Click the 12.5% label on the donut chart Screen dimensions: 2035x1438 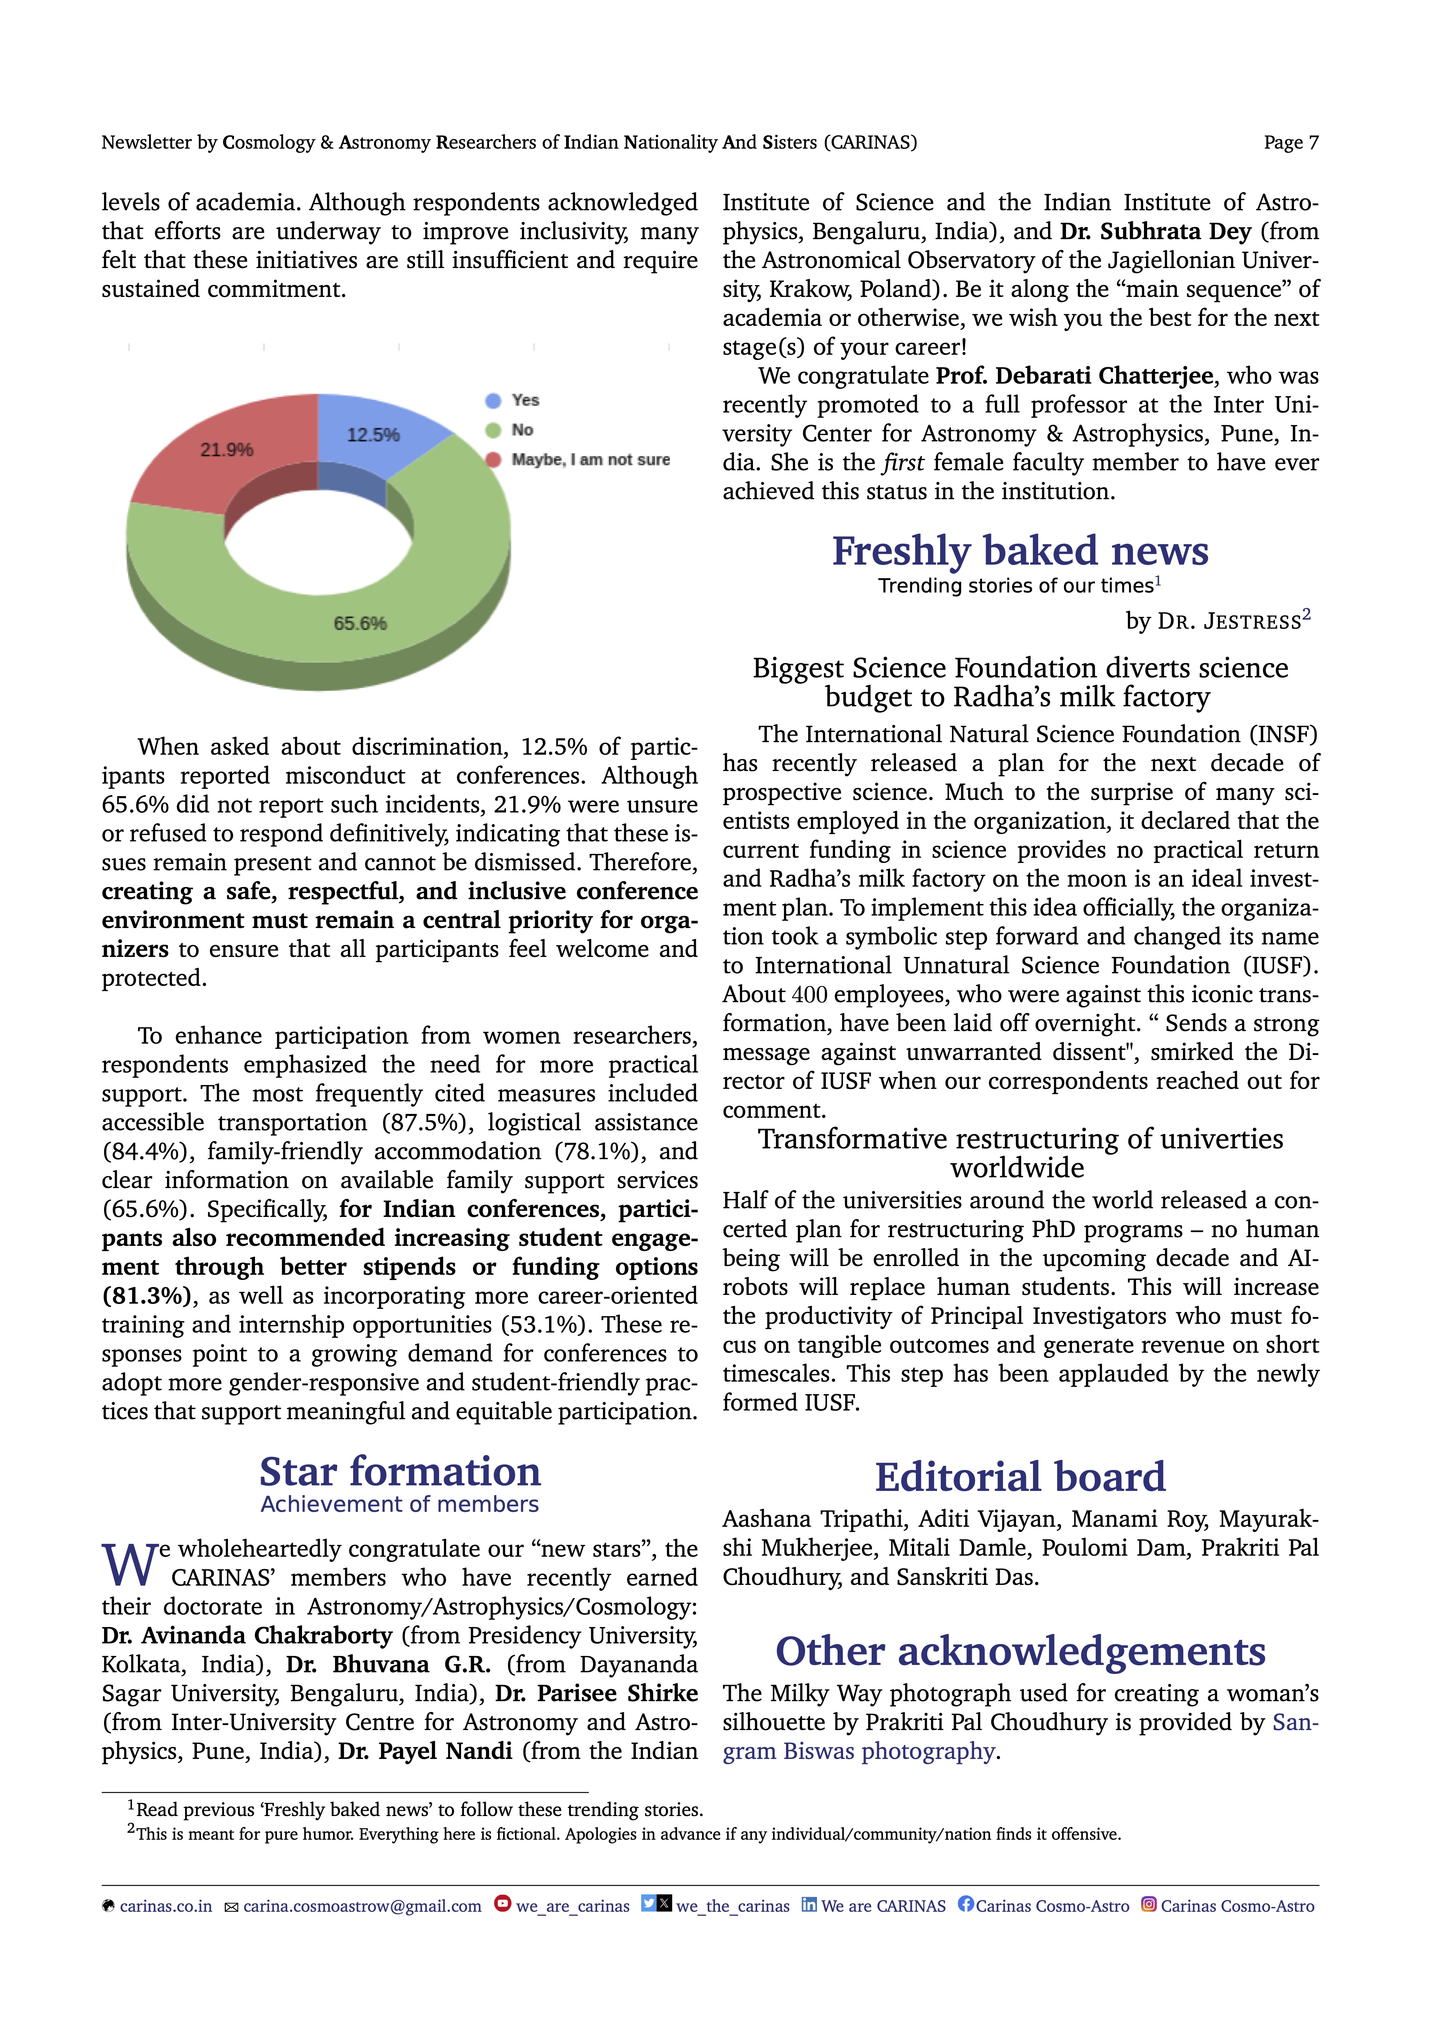click(x=373, y=435)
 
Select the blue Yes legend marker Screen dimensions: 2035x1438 click(x=493, y=401)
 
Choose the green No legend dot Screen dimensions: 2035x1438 click(x=493, y=431)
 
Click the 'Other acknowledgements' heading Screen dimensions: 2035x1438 click(x=1020, y=1651)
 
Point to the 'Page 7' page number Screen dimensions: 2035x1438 click(x=1290, y=143)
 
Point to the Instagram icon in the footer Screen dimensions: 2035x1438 click(x=1148, y=1904)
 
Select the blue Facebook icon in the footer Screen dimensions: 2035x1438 click(x=966, y=1904)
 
